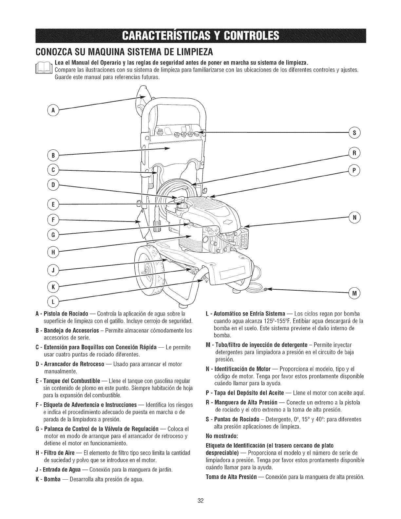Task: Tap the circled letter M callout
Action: point(355,292)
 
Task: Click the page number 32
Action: point(201,500)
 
